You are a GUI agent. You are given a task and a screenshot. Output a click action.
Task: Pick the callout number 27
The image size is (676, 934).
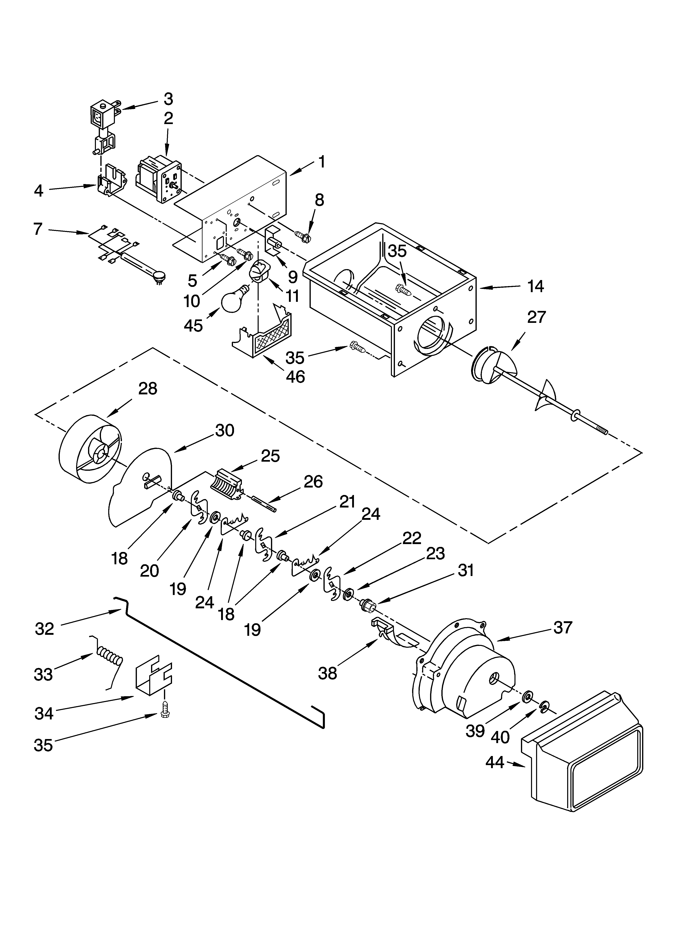click(x=536, y=317)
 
